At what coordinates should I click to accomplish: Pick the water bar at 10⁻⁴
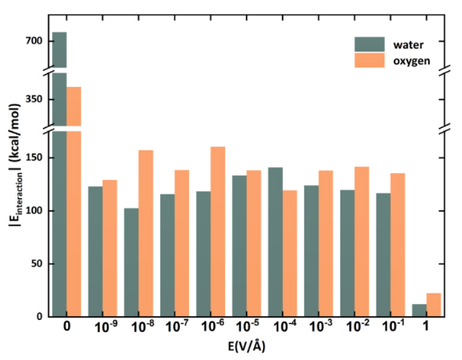point(275,241)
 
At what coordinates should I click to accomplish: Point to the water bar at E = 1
point(419,310)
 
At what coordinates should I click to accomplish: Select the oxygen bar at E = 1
point(433,304)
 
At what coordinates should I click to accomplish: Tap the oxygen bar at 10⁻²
point(361,241)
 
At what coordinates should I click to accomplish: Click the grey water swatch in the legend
point(368,43)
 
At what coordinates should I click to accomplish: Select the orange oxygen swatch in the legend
point(368,60)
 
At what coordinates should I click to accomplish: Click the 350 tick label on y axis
point(35,99)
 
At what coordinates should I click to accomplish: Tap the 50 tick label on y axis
point(38,264)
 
